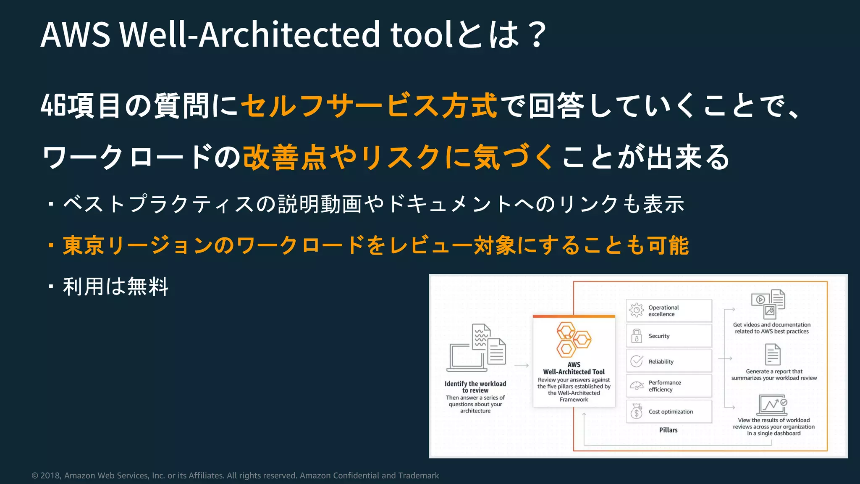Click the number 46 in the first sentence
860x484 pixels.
53,105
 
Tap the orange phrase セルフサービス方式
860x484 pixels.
369,105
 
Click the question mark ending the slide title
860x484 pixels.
537,34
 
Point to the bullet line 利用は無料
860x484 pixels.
115,287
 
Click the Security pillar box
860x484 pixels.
669,336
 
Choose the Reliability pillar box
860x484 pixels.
669,361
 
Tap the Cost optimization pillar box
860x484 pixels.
669,412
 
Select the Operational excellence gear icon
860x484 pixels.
637,310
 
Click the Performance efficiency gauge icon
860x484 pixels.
637,386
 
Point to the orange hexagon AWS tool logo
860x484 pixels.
573,339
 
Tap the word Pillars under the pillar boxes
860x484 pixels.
668,430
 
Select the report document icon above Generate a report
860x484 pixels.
773,354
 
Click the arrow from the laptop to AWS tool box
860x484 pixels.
521,366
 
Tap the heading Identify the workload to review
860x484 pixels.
475,387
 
